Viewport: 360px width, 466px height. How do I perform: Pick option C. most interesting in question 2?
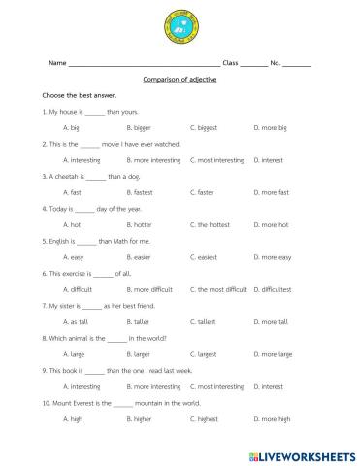click(x=218, y=159)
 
